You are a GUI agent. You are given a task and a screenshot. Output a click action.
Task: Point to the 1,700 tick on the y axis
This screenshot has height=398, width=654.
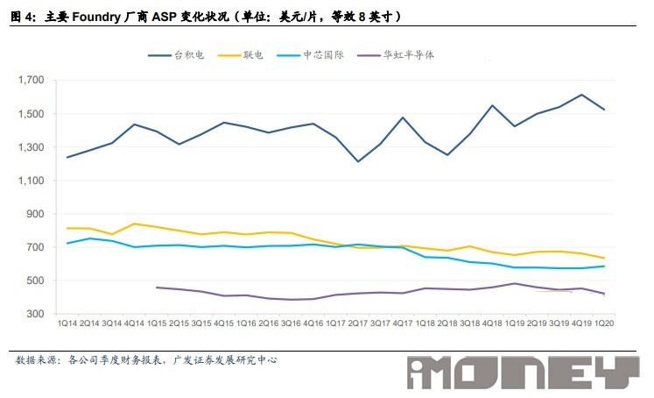pos(31,80)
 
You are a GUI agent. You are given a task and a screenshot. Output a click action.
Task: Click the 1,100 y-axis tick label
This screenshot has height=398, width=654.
pos(31,181)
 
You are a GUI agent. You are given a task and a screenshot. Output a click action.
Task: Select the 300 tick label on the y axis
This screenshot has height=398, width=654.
pos(34,314)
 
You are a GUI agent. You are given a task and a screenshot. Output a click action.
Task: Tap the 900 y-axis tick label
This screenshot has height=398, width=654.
pos(34,214)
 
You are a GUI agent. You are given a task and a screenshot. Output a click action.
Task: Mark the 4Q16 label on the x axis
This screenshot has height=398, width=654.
pos(313,324)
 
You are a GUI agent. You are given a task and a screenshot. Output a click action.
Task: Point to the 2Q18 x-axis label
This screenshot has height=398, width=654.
pos(448,324)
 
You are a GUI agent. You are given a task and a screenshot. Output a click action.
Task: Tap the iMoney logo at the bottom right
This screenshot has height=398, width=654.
pos(523,373)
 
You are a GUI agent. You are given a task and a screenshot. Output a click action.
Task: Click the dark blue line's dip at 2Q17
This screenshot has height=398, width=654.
pos(358,161)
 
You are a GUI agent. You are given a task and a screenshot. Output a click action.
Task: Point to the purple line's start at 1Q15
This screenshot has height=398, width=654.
pos(156,287)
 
